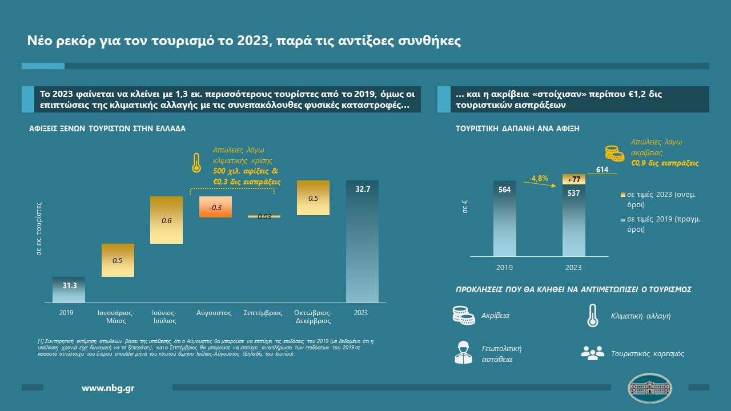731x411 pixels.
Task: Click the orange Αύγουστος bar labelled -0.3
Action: click(215, 207)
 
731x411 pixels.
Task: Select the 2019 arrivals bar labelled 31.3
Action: click(69, 290)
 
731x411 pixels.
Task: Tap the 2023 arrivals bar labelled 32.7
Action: click(362, 241)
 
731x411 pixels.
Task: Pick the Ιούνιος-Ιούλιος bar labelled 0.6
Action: click(166, 220)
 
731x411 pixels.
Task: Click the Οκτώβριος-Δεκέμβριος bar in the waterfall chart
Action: click(313, 198)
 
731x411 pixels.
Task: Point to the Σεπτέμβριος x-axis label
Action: click(263, 313)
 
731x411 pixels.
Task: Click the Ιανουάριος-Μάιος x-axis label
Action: click(118, 316)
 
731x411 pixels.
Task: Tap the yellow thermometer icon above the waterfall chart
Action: click(196, 163)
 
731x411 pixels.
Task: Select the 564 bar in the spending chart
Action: click(505, 219)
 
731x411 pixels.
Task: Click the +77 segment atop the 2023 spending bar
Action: click(573, 179)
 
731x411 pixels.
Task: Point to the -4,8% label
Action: click(539, 178)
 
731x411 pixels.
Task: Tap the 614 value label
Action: click(602, 170)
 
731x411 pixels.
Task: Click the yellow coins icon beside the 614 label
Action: click(614, 153)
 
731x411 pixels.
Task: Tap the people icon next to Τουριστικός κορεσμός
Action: click(592, 353)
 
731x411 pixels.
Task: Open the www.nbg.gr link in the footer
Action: click(109, 388)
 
